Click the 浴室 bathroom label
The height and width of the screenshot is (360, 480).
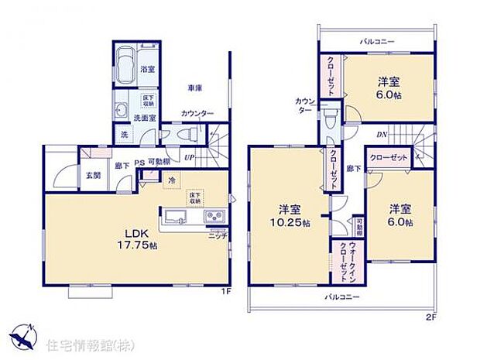pos(146,70)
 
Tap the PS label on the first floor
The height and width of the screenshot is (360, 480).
pos(139,163)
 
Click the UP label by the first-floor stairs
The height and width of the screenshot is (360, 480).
pos(189,158)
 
